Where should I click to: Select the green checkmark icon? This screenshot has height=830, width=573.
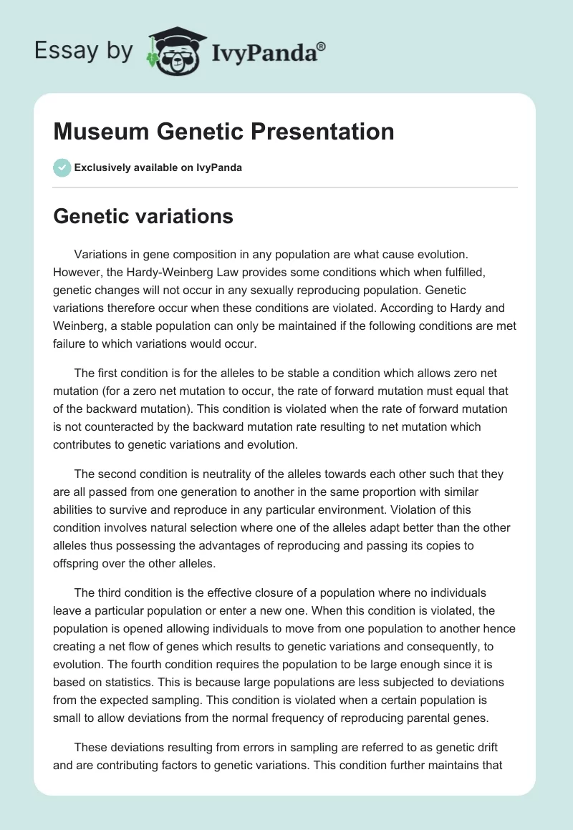tap(62, 167)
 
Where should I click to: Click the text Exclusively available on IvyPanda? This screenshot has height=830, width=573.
tap(158, 167)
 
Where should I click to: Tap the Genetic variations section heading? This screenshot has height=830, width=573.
tap(143, 216)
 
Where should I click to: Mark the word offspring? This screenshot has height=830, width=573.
tap(77, 562)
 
